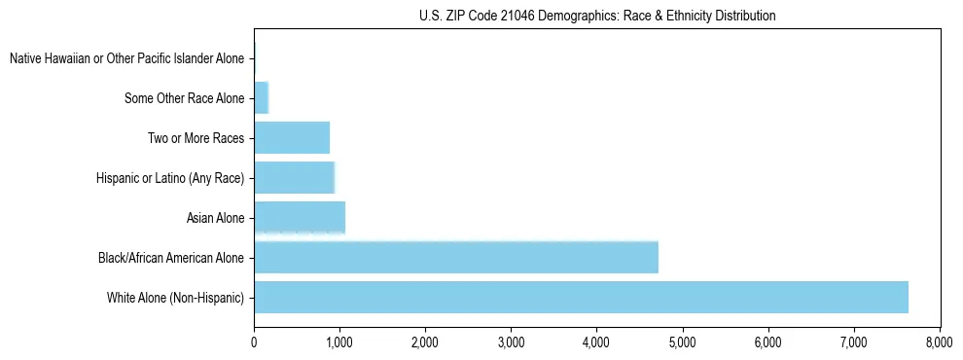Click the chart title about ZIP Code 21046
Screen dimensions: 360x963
pos(596,16)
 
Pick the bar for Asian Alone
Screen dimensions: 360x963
pos(300,218)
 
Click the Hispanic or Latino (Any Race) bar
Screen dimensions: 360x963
pos(294,178)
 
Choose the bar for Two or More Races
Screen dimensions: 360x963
pos(292,138)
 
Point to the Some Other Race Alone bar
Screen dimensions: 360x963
pos(261,98)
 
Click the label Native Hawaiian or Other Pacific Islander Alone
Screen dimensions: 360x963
pos(126,59)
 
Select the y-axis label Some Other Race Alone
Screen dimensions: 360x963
pos(185,98)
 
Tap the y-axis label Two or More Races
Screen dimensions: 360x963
pos(196,138)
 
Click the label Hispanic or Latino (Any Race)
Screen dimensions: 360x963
pos(170,178)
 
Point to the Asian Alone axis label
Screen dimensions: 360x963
pos(215,218)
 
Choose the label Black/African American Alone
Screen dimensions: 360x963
pos(171,258)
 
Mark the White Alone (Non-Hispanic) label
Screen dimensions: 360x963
pos(175,298)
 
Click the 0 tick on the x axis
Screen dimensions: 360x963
pos(254,342)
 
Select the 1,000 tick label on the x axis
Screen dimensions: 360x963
pos(339,342)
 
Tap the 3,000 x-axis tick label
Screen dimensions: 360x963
pos(511,342)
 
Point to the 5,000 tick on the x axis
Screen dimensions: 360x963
pos(682,342)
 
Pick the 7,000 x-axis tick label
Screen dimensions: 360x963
pos(853,342)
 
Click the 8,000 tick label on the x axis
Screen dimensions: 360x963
pos(939,342)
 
